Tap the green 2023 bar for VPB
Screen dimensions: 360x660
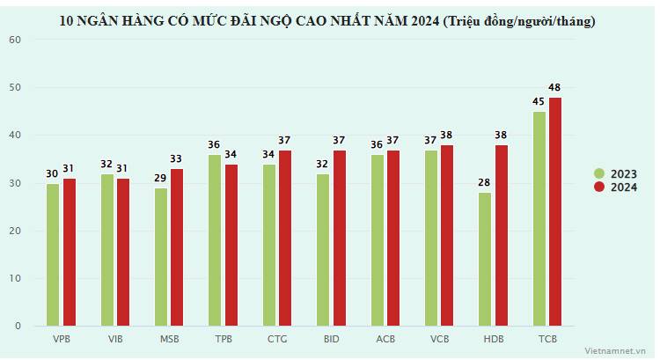coord(54,254)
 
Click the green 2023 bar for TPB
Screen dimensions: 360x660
coord(215,240)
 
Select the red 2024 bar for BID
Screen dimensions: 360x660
coord(340,238)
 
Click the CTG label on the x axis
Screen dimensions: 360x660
coord(277,338)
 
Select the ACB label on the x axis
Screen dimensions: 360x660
coord(385,338)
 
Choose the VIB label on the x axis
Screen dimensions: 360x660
coord(115,338)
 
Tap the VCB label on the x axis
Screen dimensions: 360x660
coord(440,338)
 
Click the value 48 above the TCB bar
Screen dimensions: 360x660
coord(555,87)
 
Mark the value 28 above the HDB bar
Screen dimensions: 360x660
coord(485,182)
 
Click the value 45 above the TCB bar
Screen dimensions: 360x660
coord(539,101)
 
